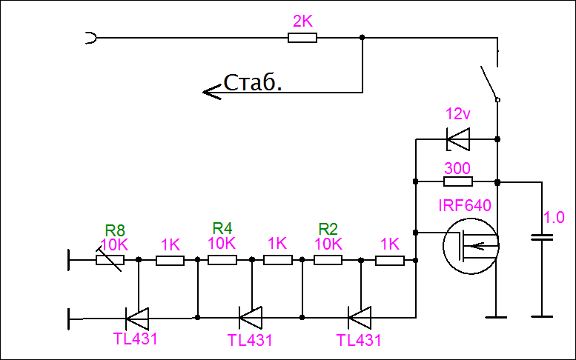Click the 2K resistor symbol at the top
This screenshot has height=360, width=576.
(302, 37)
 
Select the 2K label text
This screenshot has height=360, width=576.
(302, 21)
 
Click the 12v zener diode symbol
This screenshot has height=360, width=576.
(458, 139)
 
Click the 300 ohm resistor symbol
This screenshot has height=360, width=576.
(457, 181)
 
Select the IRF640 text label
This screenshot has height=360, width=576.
(465, 205)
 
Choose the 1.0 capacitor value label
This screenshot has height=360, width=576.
(554, 218)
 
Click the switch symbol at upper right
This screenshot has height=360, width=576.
(489, 81)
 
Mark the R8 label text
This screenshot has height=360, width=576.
(115, 230)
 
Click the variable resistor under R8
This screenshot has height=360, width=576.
(110, 260)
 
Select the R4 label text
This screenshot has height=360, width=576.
(222, 227)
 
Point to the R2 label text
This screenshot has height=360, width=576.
(328, 227)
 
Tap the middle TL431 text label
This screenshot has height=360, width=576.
(250, 341)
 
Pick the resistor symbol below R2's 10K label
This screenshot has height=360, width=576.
(328, 260)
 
